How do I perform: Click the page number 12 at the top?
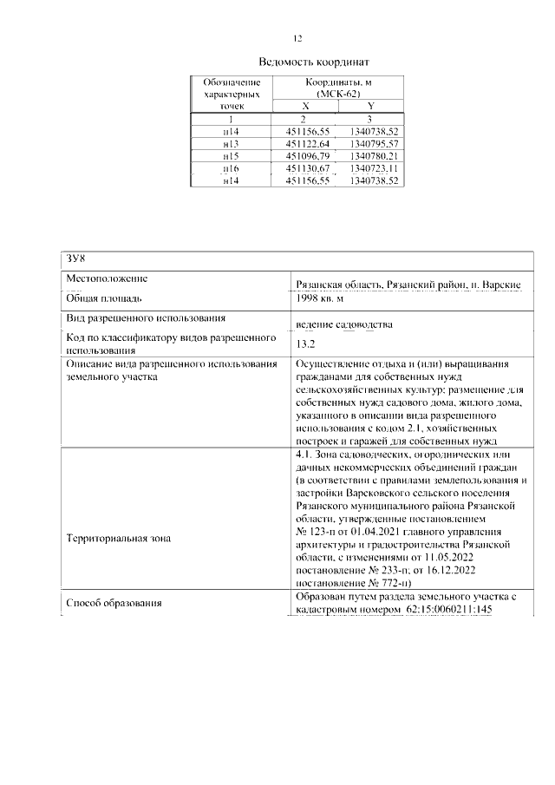coord(297,38)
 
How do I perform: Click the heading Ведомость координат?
coord(314,62)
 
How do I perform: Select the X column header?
coord(304,105)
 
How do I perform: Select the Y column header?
coord(370,105)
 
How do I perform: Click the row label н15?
coord(231,155)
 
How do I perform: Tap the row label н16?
coord(231,167)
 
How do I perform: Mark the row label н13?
coord(231,143)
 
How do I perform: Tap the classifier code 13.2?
coord(305,343)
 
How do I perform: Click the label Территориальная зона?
coord(119,539)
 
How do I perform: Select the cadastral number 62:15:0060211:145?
coord(449,611)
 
